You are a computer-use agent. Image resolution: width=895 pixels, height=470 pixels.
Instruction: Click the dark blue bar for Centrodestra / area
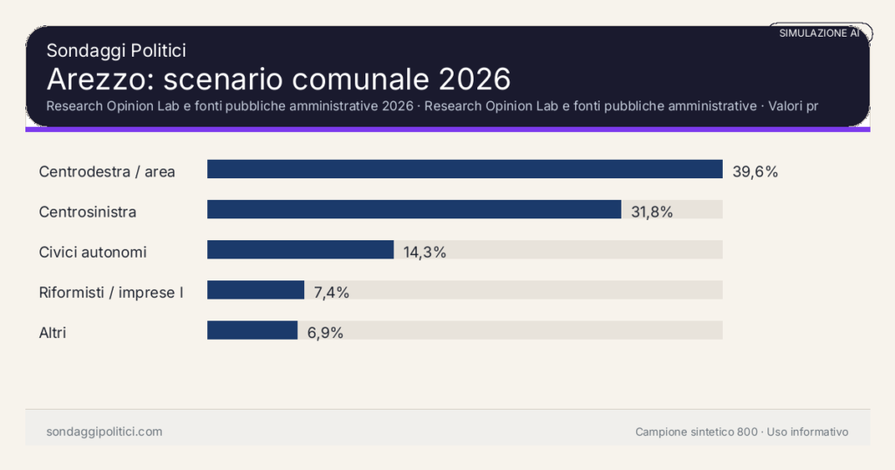464,169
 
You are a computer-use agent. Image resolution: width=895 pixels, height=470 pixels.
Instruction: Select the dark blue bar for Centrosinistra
413,210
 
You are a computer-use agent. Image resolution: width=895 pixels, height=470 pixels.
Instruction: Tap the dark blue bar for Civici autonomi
300,250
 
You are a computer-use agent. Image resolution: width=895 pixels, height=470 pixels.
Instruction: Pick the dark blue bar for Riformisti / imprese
255,290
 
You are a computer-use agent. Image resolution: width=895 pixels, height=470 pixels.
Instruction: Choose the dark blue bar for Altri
252,330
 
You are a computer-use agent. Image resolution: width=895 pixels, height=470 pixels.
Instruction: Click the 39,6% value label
755,171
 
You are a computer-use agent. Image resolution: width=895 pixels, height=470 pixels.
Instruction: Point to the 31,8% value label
652,211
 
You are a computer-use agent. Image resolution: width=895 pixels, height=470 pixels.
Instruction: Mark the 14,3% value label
425,252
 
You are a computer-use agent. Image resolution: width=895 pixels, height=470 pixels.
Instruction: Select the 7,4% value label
331,292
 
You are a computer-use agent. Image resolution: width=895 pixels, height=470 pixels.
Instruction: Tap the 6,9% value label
325,332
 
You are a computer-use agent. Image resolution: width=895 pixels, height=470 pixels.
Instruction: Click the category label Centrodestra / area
107,171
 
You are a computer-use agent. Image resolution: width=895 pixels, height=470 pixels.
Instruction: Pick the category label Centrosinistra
87,211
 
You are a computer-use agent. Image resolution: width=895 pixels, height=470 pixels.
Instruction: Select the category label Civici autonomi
93,252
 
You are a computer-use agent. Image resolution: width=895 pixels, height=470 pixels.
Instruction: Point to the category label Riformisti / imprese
111,292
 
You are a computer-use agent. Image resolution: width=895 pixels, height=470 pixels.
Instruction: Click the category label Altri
52,332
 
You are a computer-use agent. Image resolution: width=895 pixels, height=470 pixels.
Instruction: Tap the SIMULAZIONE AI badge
819,33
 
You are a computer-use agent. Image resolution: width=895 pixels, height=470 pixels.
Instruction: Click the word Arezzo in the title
96,79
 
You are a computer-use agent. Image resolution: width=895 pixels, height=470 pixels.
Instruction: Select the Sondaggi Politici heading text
115,51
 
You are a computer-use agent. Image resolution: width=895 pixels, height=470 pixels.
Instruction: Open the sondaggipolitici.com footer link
104,432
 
